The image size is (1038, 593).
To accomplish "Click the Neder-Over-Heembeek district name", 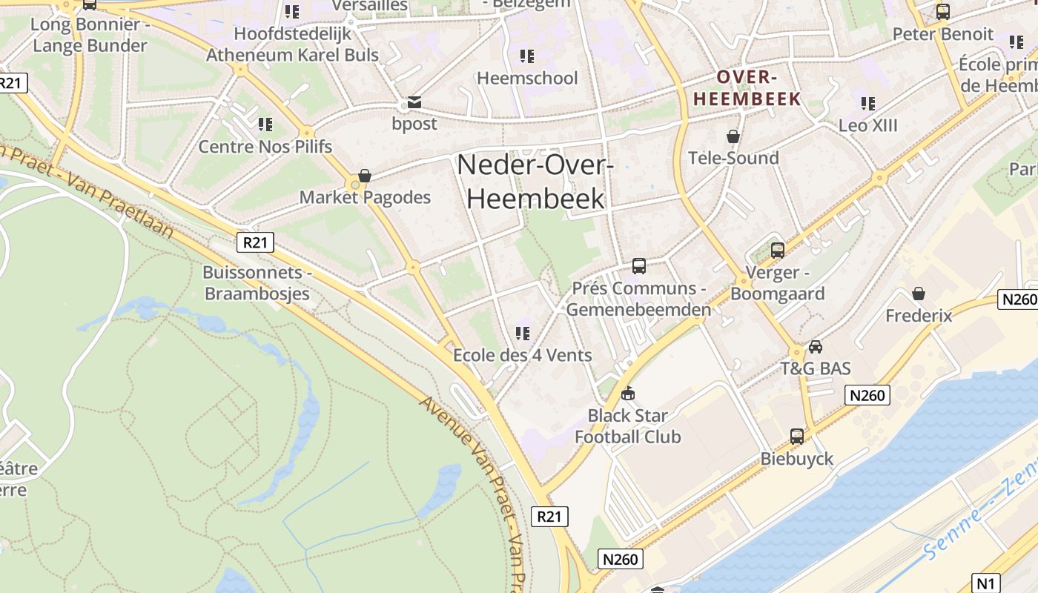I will [535, 182].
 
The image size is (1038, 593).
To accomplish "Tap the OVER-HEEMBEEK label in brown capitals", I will [747, 87].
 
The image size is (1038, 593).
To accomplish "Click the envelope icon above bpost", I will [414, 102].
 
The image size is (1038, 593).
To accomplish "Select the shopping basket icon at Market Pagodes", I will [365, 176].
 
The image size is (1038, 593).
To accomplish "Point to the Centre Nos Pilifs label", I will [265, 146].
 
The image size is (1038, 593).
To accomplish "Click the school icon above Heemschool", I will [527, 56].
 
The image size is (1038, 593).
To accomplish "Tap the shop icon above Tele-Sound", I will [733, 136].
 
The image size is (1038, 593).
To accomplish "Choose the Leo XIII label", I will [867, 125].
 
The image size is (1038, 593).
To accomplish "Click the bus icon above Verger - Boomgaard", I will [777, 251].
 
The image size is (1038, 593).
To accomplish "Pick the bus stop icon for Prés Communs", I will [638, 265].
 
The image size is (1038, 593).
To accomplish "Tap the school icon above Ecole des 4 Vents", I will [523, 334].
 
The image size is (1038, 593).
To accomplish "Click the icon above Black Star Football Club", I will [628, 393].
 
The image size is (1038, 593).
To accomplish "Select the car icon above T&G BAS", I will [816, 346].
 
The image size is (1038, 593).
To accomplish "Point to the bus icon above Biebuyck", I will [797, 437].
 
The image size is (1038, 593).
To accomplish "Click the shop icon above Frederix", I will [919, 294].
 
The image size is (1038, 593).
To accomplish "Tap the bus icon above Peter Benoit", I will [942, 12].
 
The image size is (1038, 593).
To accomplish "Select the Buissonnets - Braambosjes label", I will [256, 282].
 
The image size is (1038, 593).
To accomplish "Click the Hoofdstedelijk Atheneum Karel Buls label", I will [292, 44].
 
